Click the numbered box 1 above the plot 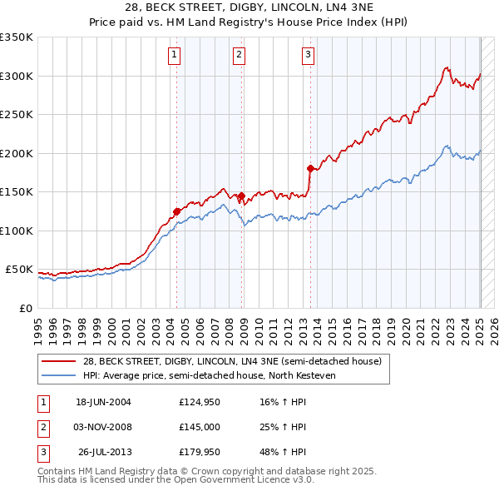pos(175,56)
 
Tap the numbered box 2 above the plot pos(239,56)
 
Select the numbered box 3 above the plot pos(308,56)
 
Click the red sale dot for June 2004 pos(177,211)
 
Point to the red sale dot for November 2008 pos(241,196)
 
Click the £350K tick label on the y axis pos(17,37)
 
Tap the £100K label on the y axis pos(17,231)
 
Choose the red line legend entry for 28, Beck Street pos(231,361)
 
